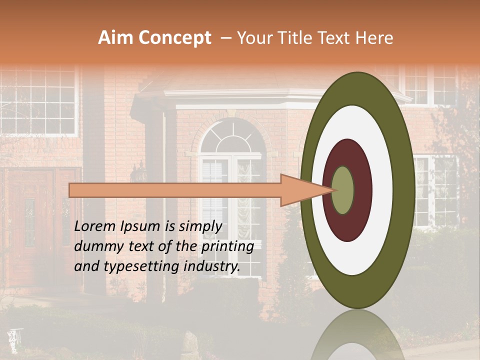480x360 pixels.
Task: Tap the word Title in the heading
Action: coord(296,38)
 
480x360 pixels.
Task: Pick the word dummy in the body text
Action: coord(94,246)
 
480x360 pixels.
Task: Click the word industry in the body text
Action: coord(211,266)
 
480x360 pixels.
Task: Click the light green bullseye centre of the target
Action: coord(342,190)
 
